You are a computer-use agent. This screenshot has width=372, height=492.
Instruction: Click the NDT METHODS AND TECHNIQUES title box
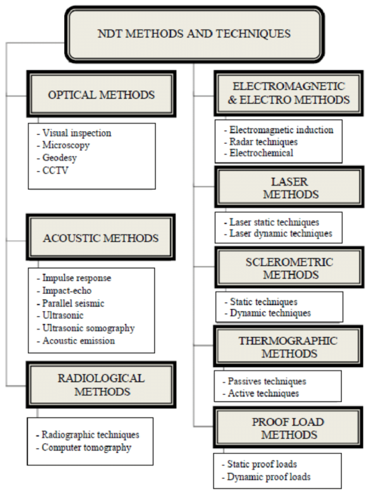[194, 33]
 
